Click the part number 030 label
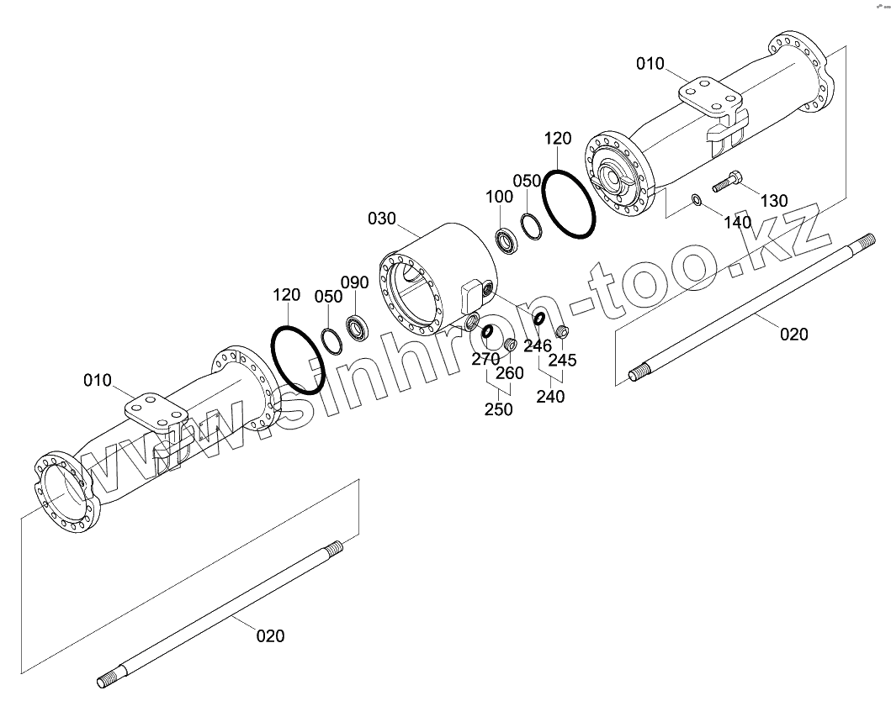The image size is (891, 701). click(381, 219)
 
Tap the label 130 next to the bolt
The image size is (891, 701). click(774, 201)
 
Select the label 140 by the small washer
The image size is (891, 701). click(737, 223)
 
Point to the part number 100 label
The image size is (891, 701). click(499, 196)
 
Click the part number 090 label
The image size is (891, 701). click(354, 282)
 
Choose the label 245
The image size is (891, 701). click(562, 360)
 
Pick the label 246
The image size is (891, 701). click(538, 345)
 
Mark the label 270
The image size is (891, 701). click(485, 360)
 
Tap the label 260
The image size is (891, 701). click(510, 372)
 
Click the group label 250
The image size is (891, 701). click(498, 410)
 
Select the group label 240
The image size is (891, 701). click(550, 397)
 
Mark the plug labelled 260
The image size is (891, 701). click(510, 345)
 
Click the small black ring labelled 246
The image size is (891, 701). click(537, 318)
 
